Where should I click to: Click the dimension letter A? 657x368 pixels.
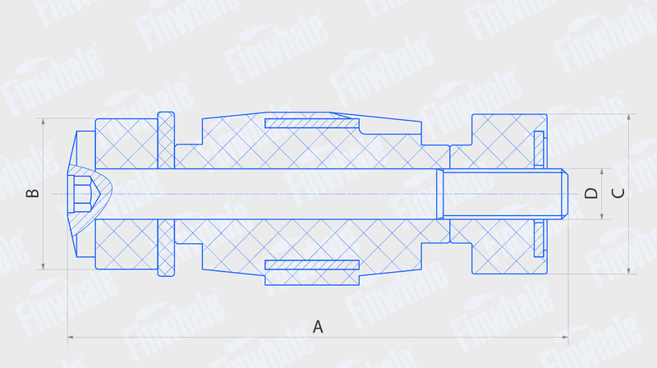[x=318, y=326]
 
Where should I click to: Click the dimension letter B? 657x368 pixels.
[x=33, y=193]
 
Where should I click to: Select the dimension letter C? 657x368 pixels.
[x=618, y=193]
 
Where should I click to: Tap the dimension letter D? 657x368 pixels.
[x=591, y=193]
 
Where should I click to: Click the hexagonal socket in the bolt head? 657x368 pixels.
[x=84, y=194]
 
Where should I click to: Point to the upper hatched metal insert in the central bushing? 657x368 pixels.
[x=312, y=123]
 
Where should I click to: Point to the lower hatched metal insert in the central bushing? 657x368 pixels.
[x=312, y=264]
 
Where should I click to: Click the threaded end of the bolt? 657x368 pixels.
[x=502, y=194]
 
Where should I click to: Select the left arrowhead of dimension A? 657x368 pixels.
[x=71, y=337]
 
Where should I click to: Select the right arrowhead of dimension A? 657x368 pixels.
[x=565, y=337]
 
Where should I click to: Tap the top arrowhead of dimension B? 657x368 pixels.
[x=44, y=122]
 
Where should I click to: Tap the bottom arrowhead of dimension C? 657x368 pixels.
[x=629, y=270]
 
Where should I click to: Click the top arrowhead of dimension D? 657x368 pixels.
[x=602, y=172]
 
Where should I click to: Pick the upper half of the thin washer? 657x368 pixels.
[x=166, y=140]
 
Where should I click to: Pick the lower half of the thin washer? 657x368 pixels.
[x=166, y=248]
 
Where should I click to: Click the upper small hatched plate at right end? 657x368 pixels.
[x=540, y=149]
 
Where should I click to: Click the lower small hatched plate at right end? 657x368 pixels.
[x=540, y=238]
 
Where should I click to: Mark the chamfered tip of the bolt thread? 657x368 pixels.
[x=565, y=194]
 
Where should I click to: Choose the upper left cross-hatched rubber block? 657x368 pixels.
[x=126, y=144]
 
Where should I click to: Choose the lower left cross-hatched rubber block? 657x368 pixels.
[x=126, y=244]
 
